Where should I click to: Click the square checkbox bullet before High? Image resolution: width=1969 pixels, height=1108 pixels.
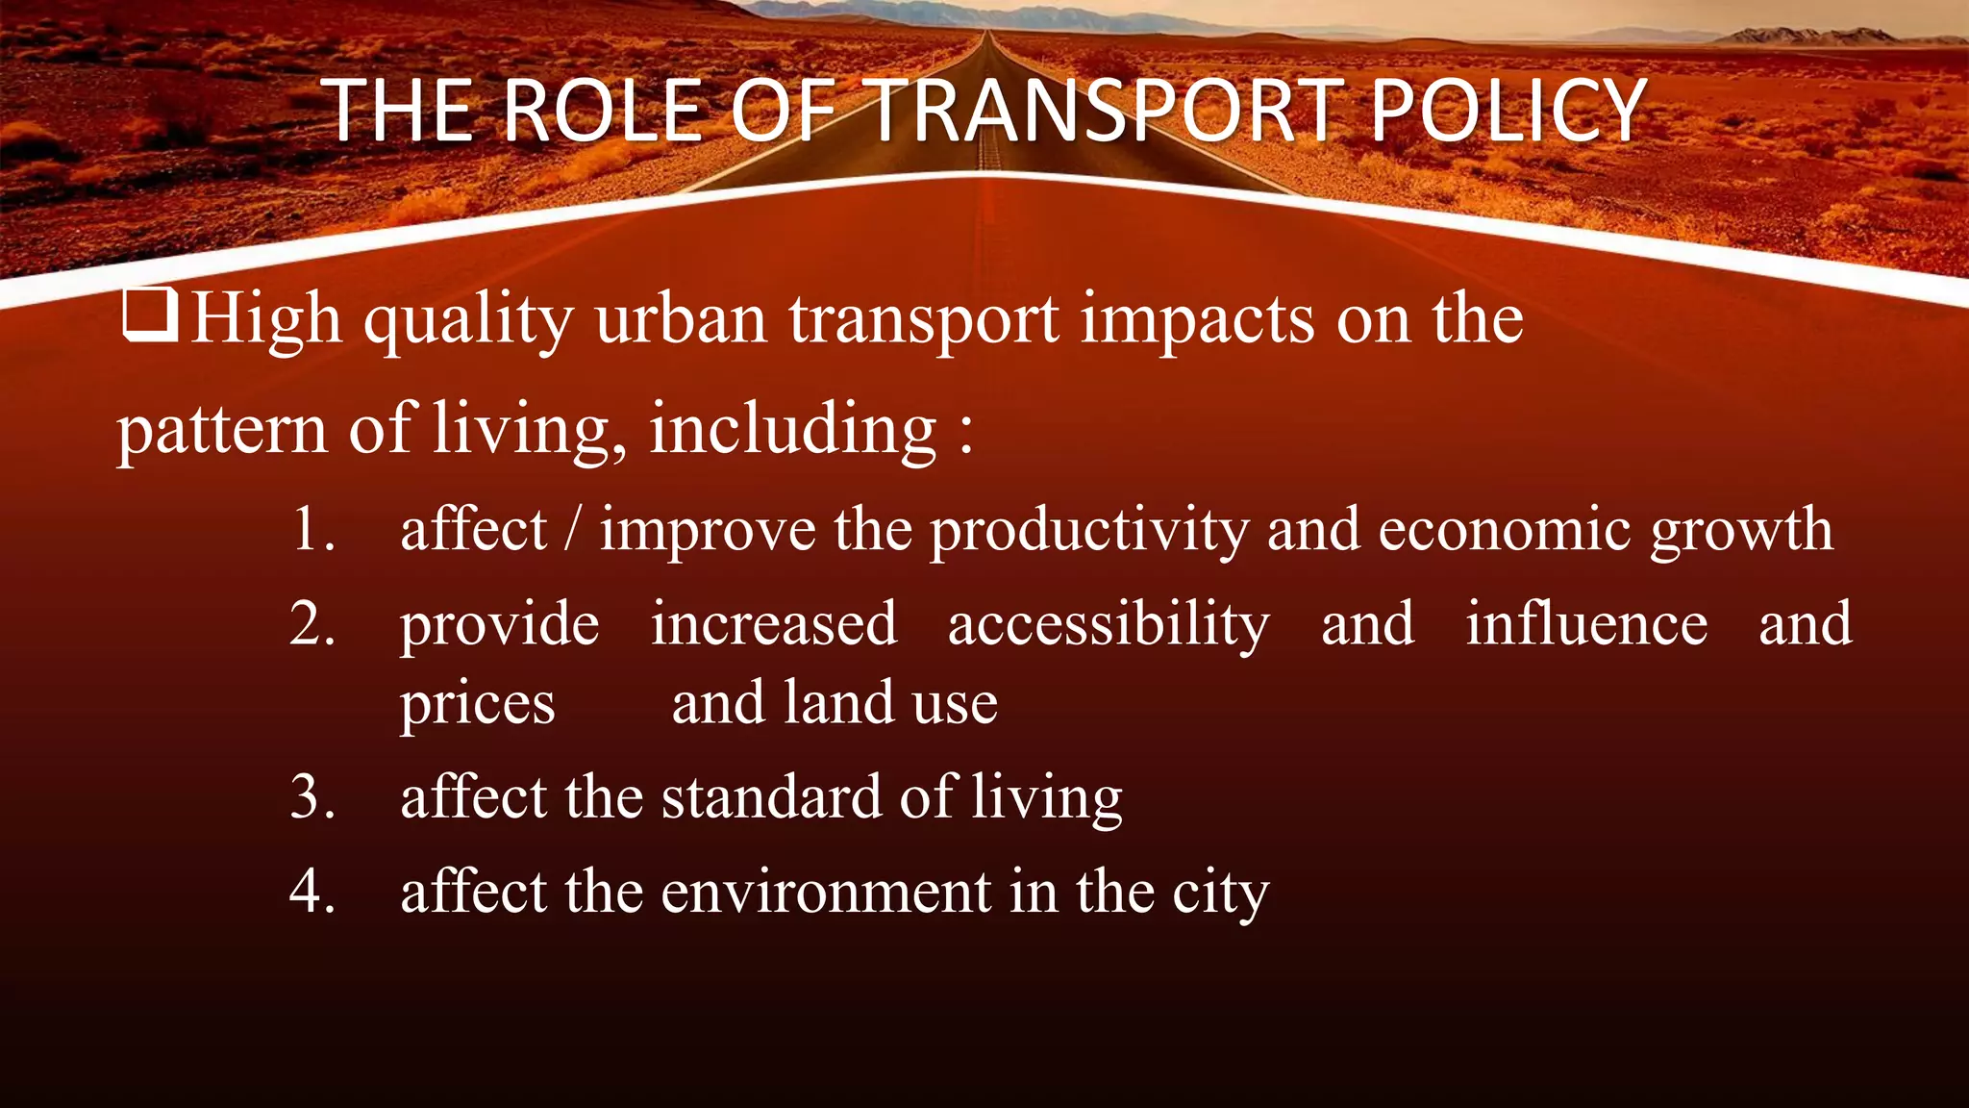coord(150,316)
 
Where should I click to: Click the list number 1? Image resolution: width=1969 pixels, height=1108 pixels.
coord(312,529)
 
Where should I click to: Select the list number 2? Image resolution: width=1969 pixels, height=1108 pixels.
coord(312,623)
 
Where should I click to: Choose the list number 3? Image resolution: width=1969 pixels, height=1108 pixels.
coord(312,796)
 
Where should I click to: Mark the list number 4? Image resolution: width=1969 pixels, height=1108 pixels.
coord(312,891)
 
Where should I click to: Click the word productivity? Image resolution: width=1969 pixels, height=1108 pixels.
coord(1088,531)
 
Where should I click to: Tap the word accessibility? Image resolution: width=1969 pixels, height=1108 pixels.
coord(1109,625)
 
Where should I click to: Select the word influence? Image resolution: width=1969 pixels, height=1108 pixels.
coord(1586,623)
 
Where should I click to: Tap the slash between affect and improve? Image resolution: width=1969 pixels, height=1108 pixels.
coord(573,531)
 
